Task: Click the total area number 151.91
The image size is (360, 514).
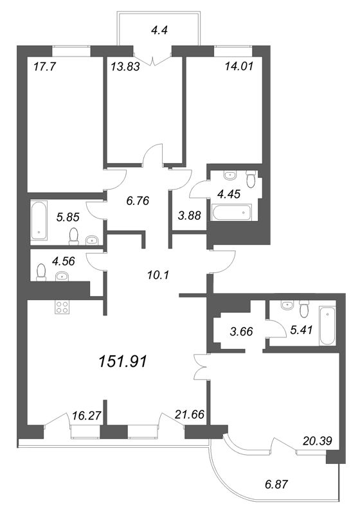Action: pyautogui.click(x=123, y=362)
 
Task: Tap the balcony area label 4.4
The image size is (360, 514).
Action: pyautogui.click(x=159, y=30)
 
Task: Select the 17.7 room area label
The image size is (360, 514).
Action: pyautogui.click(x=45, y=67)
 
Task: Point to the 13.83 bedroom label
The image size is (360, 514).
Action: pyautogui.click(x=125, y=67)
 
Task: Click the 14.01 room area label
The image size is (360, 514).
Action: pyautogui.click(x=239, y=66)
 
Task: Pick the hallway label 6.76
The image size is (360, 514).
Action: pyautogui.click(x=138, y=200)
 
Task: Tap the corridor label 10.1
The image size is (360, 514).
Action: pyautogui.click(x=158, y=275)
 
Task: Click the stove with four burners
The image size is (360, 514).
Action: pyautogui.click(x=62, y=308)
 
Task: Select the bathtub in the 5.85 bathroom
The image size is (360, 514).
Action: pyautogui.click(x=39, y=220)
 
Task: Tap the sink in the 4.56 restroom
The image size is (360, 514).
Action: pyautogui.click(x=62, y=276)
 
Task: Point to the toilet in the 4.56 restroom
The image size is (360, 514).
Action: pyautogui.click(x=41, y=272)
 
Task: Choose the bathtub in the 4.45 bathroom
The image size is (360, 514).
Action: pyautogui.click(x=231, y=212)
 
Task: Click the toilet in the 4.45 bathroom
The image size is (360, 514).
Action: pyautogui.click(x=250, y=179)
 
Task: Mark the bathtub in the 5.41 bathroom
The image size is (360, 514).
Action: pyautogui.click(x=327, y=326)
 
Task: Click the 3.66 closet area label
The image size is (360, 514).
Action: pyautogui.click(x=241, y=331)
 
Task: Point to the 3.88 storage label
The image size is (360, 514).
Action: pyautogui.click(x=189, y=215)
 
